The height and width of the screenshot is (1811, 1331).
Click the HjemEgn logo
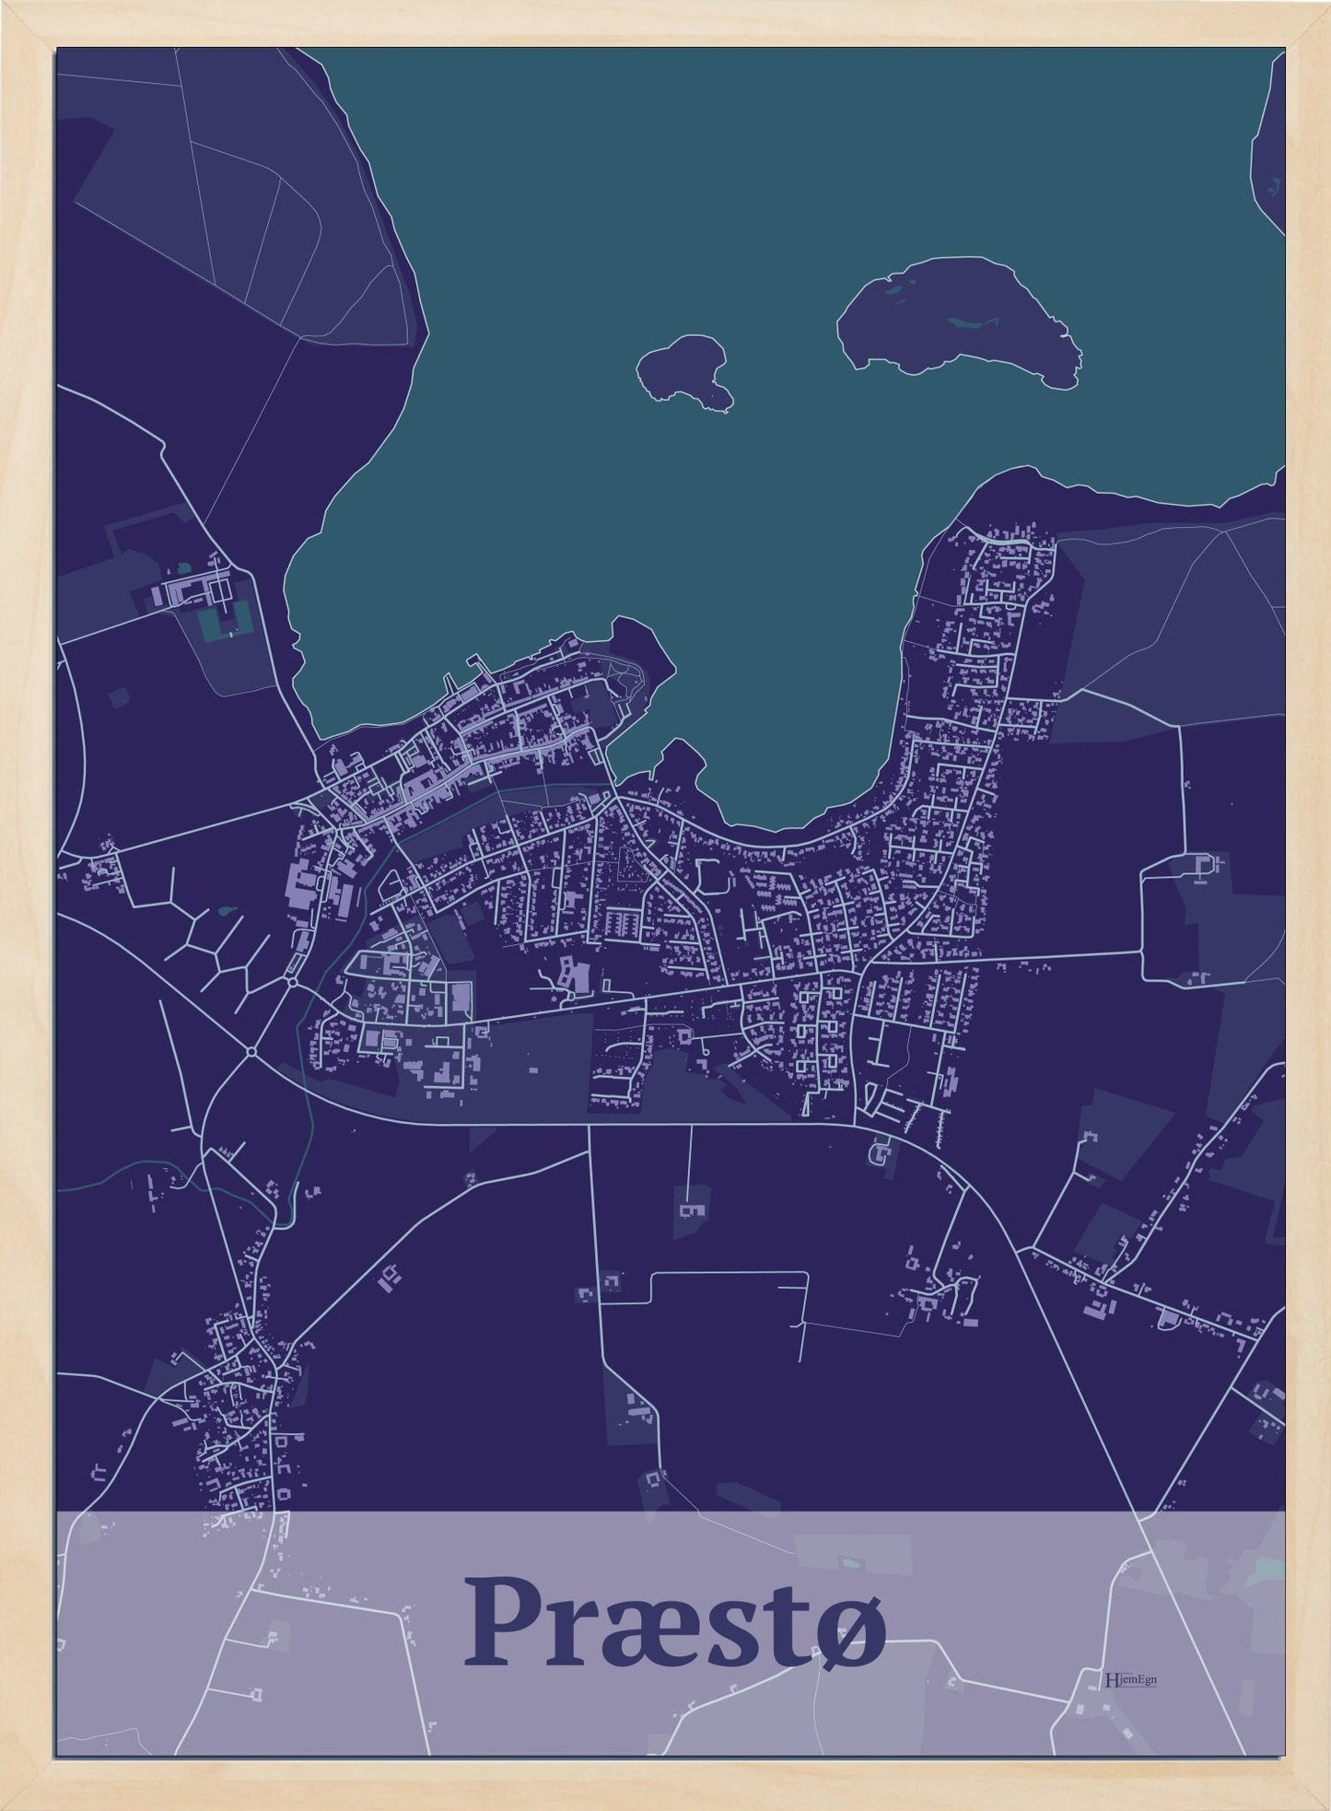tap(1129, 1678)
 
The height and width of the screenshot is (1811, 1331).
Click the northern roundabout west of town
tap(292, 982)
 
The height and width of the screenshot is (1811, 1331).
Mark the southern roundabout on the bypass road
tap(251, 1051)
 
